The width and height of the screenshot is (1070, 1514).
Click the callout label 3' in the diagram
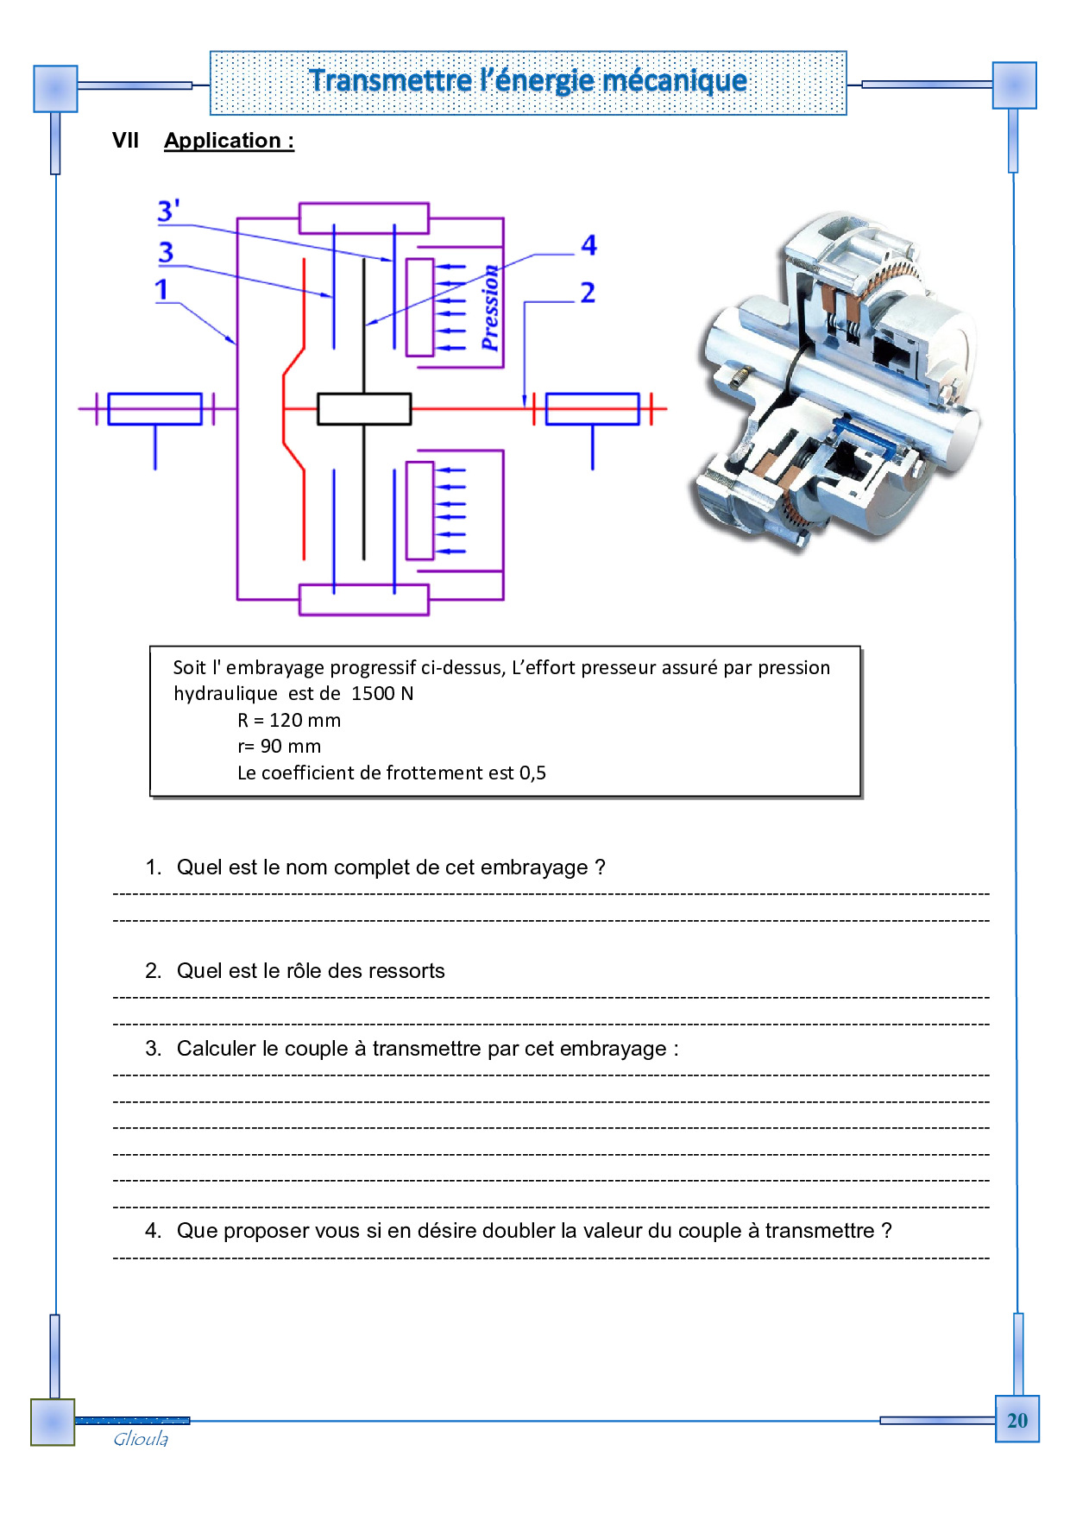click(x=168, y=211)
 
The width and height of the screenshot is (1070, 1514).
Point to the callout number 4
click(x=588, y=245)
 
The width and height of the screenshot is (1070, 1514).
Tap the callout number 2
click(x=588, y=293)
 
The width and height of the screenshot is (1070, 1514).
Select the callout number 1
click(x=161, y=290)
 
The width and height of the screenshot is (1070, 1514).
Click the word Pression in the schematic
click(x=489, y=308)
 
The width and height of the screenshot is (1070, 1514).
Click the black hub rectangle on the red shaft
click(x=364, y=408)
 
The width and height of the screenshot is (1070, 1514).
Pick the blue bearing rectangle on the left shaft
click(x=155, y=408)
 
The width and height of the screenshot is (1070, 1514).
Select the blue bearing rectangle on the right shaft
click(x=593, y=408)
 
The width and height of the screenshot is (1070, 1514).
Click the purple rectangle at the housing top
click(x=364, y=218)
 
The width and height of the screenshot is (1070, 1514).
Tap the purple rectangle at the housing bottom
click(x=364, y=599)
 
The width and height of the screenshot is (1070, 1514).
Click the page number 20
click(x=1017, y=1420)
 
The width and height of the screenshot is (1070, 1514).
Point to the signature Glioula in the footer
click(x=141, y=1439)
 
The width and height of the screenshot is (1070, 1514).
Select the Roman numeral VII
click(x=125, y=141)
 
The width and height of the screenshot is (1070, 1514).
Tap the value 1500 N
click(x=382, y=693)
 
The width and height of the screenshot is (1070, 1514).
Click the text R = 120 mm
click(x=289, y=720)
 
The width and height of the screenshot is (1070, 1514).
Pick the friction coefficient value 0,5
click(x=532, y=773)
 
